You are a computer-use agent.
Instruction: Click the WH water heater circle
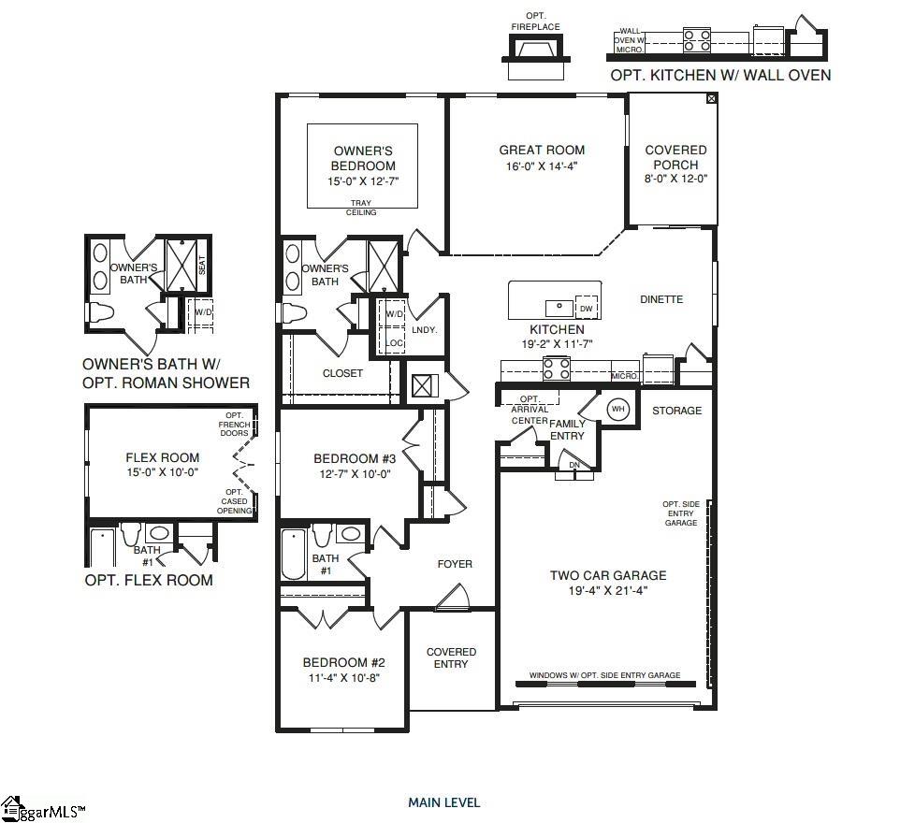pyautogui.click(x=617, y=410)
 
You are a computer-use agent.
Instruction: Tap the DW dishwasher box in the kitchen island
pyautogui.click(x=586, y=308)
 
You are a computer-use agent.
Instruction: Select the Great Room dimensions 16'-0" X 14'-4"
pyautogui.click(x=542, y=166)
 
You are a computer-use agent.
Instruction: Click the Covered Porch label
pyautogui.click(x=675, y=157)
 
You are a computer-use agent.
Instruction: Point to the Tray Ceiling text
pyautogui.click(x=361, y=208)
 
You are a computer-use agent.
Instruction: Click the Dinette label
pyautogui.click(x=661, y=299)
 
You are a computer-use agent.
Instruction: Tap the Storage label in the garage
pyautogui.click(x=676, y=411)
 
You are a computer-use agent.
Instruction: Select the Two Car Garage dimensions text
pyautogui.click(x=608, y=590)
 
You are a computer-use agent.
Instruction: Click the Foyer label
pyautogui.click(x=455, y=564)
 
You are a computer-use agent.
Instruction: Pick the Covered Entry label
pyautogui.click(x=451, y=657)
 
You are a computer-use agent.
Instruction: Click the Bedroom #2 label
pyautogui.click(x=343, y=662)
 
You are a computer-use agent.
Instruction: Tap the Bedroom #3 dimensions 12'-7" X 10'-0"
pyautogui.click(x=356, y=474)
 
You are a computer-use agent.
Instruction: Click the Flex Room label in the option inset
pyautogui.click(x=163, y=457)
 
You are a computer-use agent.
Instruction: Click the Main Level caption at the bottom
pyautogui.click(x=443, y=802)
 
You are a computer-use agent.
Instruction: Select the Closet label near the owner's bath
pyautogui.click(x=342, y=373)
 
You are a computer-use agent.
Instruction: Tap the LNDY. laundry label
pyautogui.click(x=425, y=330)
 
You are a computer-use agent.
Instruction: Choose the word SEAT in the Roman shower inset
pyautogui.click(x=202, y=265)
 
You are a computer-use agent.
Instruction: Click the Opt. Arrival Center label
pyautogui.click(x=530, y=410)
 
